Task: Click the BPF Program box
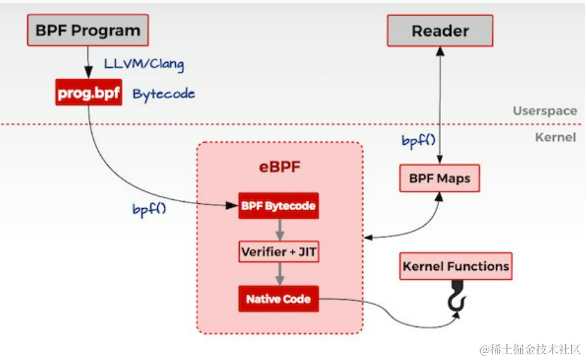point(88,30)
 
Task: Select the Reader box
point(440,30)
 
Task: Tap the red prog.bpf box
point(88,93)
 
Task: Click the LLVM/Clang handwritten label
point(144,64)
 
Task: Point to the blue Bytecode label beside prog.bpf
point(164,94)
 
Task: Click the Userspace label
point(544,111)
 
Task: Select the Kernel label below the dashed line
point(556,137)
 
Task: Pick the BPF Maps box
point(439,178)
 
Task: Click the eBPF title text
point(279,169)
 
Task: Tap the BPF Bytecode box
point(278,206)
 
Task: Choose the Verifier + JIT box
point(279,252)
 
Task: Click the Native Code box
point(279,298)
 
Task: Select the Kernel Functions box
point(456,267)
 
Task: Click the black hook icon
point(456,299)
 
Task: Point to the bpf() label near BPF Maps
point(418,140)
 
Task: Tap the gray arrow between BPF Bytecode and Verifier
point(279,229)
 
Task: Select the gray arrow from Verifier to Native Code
point(279,275)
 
